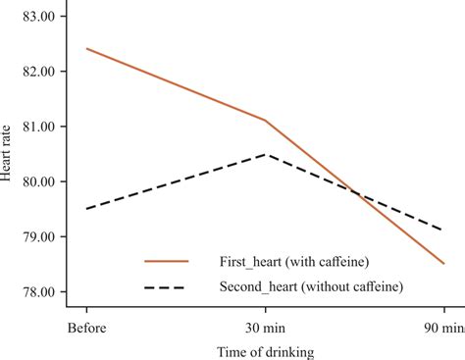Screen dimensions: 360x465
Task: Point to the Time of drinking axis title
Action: [x=265, y=350]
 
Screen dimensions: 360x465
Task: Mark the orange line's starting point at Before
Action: [x=86, y=49]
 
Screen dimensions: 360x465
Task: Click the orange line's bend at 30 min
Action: [x=265, y=121]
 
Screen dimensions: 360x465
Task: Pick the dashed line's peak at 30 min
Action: [x=265, y=154]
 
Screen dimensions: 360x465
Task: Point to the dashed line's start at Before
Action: [x=86, y=209]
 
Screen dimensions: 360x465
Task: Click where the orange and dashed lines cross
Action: [x=357, y=193]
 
